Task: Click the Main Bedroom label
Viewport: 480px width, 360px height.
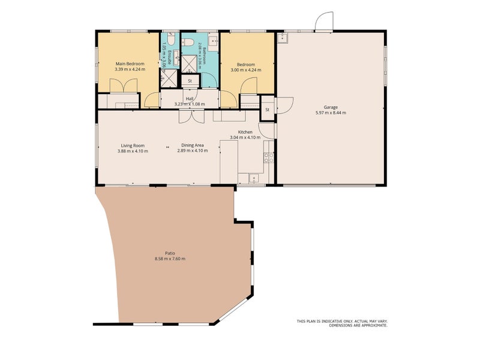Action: pyautogui.click(x=130, y=64)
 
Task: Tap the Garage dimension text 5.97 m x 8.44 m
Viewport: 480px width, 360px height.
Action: pyautogui.click(x=331, y=113)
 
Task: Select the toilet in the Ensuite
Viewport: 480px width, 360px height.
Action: pyautogui.click(x=171, y=39)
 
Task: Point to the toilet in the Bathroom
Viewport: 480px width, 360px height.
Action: pyautogui.click(x=188, y=42)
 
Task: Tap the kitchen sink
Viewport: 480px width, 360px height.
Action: pyautogui.click(x=254, y=178)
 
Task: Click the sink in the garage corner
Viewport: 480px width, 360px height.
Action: pyautogui.click(x=282, y=37)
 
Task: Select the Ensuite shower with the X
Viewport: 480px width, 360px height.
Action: pyautogui.click(x=169, y=79)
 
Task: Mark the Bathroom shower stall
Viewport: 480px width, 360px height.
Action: pyautogui.click(x=190, y=64)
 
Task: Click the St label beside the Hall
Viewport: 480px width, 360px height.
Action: pyautogui.click(x=190, y=81)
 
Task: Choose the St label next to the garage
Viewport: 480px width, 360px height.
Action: pyautogui.click(x=267, y=110)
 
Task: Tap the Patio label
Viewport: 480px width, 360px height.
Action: pyautogui.click(x=170, y=253)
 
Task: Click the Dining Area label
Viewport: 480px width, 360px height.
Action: pyautogui.click(x=193, y=145)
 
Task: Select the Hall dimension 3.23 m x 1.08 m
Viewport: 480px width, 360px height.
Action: pyautogui.click(x=190, y=104)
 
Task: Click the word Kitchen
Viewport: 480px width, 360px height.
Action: pyautogui.click(x=245, y=132)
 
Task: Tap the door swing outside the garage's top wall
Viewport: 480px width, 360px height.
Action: pyautogui.click(x=324, y=21)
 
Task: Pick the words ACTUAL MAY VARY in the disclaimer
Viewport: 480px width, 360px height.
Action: pyautogui.click(x=371, y=321)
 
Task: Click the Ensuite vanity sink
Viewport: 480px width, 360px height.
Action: pyautogui.click(x=176, y=58)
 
